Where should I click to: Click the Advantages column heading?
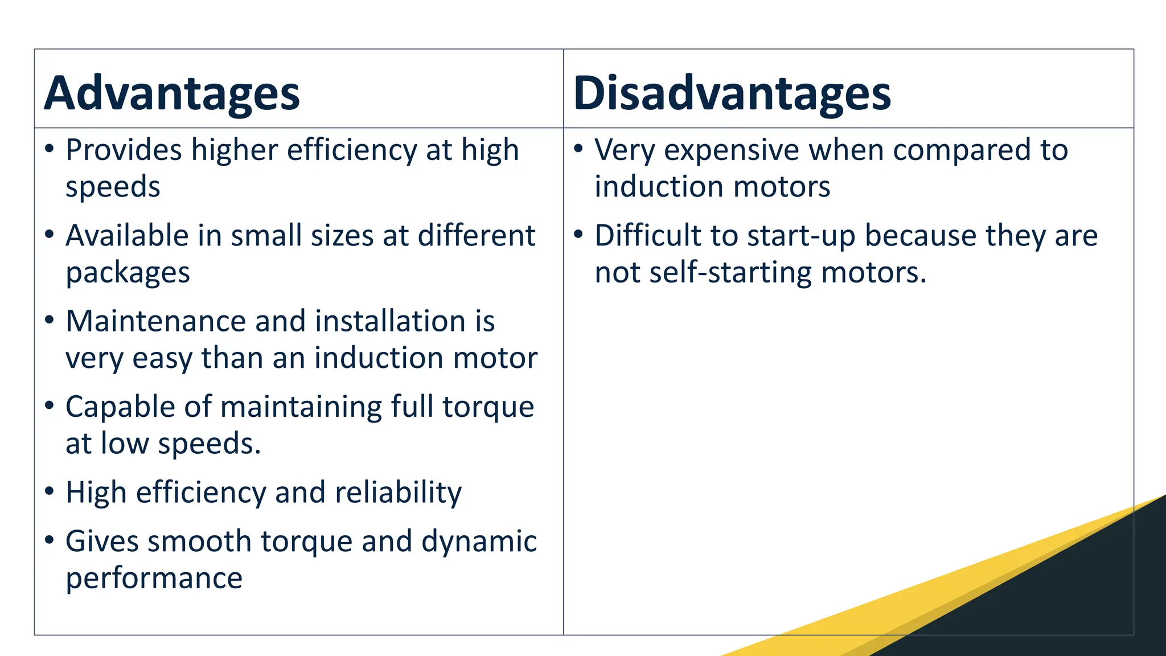[172, 93]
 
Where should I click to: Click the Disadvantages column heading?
[732, 93]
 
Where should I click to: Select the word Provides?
[124, 150]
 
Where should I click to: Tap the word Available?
[126, 236]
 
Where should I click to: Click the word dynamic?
[479, 542]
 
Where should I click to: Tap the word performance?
[154, 579]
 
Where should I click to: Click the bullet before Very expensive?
[578, 149]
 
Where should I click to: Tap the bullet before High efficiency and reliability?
[50, 491]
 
